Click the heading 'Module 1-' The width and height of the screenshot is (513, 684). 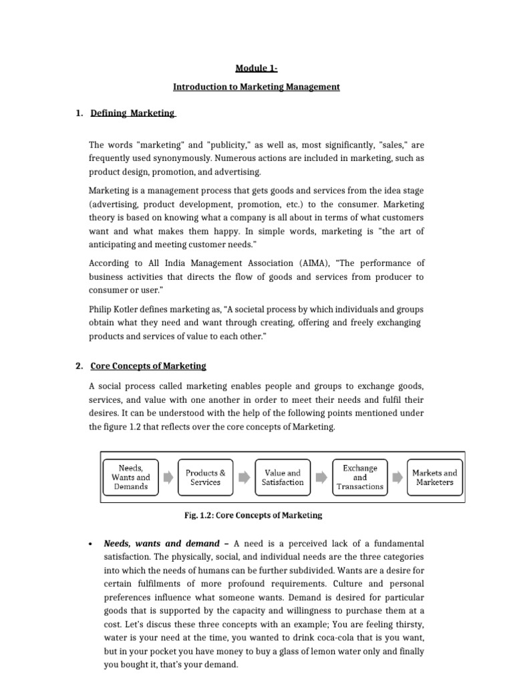click(x=256, y=67)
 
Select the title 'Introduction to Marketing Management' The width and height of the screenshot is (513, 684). click(x=256, y=87)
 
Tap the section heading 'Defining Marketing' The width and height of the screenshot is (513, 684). click(x=132, y=114)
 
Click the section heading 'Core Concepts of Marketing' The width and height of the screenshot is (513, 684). click(x=148, y=366)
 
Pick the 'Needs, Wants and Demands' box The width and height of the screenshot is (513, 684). click(x=131, y=477)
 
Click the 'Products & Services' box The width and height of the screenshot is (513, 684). click(x=206, y=477)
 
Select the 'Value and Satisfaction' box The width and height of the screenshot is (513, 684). click(x=283, y=477)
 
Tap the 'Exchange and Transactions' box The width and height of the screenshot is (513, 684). click(x=360, y=477)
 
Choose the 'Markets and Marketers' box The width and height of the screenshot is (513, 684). click(x=435, y=477)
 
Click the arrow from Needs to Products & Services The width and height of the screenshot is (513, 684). click(x=168, y=477)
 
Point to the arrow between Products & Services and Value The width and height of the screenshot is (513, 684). click(x=244, y=477)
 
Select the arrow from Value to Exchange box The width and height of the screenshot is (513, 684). click(x=321, y=477)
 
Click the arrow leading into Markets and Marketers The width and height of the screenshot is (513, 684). click(x=398, y=477)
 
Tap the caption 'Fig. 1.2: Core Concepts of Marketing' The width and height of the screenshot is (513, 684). click(x=253, y=516)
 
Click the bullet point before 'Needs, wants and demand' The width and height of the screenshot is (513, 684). click(x=90, y=544)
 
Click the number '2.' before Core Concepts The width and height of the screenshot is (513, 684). click(x=79, y=366)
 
